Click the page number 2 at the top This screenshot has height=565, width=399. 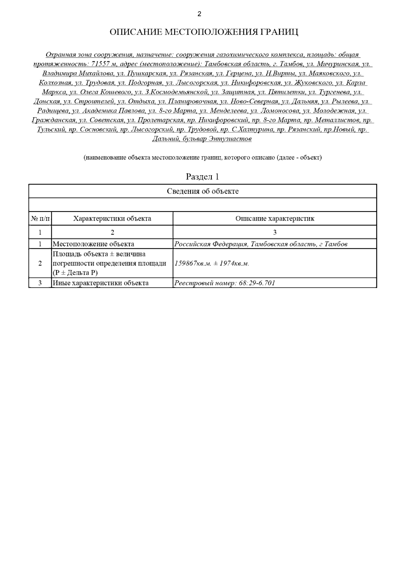coord(199,14)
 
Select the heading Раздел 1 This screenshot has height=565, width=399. coord(202,176)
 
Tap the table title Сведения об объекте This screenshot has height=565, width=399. coord(202,191)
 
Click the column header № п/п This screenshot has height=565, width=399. coord(40,219)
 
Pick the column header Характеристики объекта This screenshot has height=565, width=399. coord(112,219)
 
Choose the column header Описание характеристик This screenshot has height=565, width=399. coord(275,219)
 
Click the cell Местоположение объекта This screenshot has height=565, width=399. coord(93,244)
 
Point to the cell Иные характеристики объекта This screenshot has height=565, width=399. coord(100,283)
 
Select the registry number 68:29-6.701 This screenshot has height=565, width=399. coord(257,283)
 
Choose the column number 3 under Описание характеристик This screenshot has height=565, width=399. coord(275,232)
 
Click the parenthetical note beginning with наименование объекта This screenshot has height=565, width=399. coord(202,157)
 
